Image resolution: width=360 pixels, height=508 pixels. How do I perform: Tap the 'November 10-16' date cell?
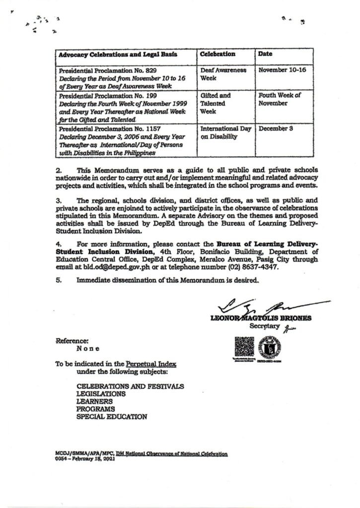[282, 70]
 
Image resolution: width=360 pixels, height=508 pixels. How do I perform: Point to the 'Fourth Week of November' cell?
[280, 99]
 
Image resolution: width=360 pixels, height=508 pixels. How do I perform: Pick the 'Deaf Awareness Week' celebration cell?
[223, 74]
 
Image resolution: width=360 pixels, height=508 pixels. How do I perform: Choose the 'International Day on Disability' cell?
[226, 132]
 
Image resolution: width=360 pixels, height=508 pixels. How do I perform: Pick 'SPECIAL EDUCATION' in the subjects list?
[111, 417]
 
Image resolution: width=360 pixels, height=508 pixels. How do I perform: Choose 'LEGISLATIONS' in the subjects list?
[101, 393]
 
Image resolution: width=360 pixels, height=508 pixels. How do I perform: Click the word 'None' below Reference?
[87, 349]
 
